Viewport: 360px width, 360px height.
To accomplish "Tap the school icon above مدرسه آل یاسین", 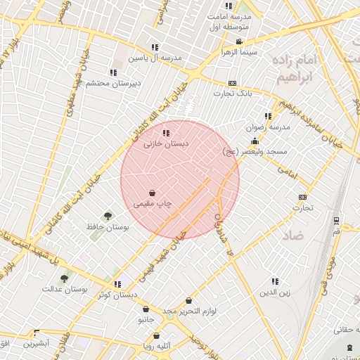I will point(155,47).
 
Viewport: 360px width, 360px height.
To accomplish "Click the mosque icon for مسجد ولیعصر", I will point(254,141).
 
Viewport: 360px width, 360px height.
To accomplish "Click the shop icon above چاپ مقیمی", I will point(153,193).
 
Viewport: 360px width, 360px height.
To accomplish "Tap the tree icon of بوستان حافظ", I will point(108,216).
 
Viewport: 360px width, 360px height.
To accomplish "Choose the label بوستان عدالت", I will point(64,289).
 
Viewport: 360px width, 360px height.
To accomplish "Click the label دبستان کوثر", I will point(117,295).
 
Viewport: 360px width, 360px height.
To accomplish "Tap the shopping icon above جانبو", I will point(146,309).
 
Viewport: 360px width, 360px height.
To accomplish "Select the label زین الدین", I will point(274,291).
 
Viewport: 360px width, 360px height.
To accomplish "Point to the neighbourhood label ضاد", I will point(295,235).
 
